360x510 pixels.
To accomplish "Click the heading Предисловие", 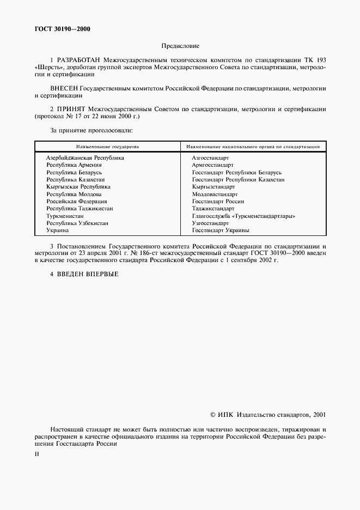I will [x=180, y=46].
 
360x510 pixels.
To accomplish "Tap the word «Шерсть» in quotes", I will [x=47, y=66].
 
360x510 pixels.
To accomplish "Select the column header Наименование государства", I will [x=108, y=147].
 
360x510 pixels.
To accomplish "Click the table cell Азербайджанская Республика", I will [x=85, y=157].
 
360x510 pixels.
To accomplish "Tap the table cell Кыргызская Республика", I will [x=78, y=186].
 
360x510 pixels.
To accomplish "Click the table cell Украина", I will [x=58, y=230].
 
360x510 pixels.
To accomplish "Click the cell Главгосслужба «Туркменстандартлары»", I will [x=243, y=216].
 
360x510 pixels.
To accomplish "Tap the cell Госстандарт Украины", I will [x=221, y=230].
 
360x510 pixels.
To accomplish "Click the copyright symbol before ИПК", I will [x=213, y=415].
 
